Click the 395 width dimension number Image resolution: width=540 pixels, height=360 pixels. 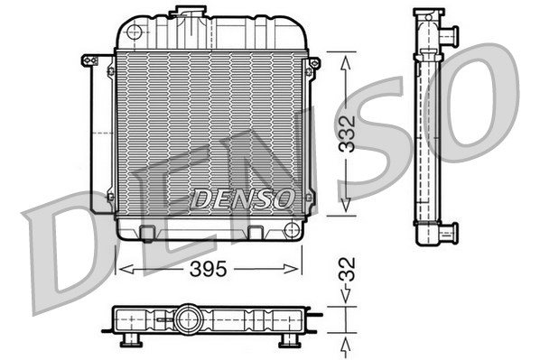tap(209, 269)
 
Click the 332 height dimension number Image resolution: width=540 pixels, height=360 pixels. tap(347, 134)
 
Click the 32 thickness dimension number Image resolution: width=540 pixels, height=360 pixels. tap(347, 270)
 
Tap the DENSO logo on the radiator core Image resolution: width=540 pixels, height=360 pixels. tap(242, 199)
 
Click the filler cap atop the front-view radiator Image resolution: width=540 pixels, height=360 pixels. tap(188, 11)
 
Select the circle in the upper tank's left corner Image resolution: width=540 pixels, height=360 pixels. tap(135, 32)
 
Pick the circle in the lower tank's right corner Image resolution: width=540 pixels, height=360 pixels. tap(292, 230)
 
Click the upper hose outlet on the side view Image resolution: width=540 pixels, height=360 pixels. tap(450, 36)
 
